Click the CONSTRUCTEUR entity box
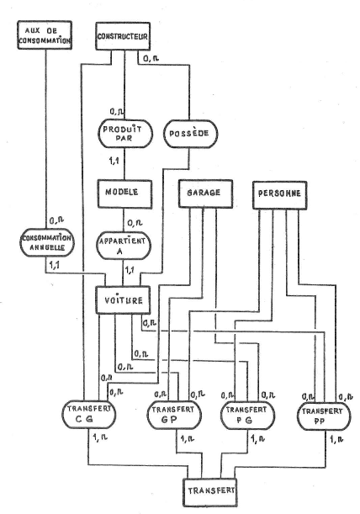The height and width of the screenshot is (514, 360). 123,36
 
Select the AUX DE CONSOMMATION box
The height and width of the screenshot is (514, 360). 45,35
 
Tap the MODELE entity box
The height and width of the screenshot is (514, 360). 124,194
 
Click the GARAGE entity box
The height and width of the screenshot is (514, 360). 205,193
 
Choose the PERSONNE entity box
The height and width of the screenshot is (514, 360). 279,195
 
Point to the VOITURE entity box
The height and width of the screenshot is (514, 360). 124,300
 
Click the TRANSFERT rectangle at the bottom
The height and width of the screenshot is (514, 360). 209,492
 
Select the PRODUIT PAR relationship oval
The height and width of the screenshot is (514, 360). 125,134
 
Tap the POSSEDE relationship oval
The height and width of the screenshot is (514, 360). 190,134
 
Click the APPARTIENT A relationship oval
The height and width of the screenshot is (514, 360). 124,246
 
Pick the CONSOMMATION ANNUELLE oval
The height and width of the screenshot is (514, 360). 47,242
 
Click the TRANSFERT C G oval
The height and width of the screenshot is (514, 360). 89,415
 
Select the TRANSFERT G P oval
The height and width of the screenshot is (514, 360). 174,415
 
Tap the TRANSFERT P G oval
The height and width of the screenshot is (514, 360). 247,416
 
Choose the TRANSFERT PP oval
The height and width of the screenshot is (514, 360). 324,416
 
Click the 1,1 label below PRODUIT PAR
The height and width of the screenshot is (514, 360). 114,161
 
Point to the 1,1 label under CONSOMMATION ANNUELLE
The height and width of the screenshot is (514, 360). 55,266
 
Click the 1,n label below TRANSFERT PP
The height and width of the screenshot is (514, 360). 336,439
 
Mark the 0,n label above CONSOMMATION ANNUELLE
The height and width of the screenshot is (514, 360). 56,221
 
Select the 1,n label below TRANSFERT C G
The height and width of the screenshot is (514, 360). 100,437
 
